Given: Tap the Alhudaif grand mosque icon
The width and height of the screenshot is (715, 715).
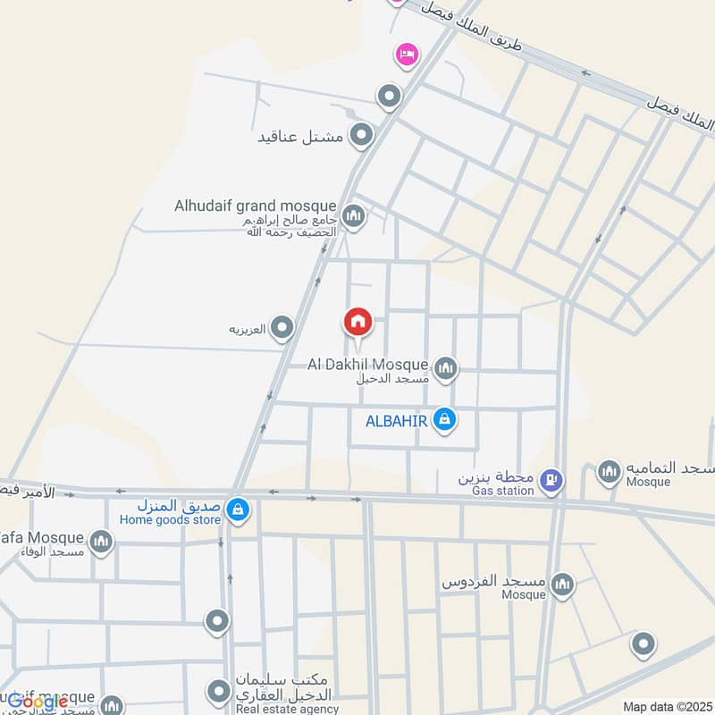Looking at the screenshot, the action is coord(354,216).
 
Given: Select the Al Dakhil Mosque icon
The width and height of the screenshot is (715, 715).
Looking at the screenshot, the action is coord(445,367).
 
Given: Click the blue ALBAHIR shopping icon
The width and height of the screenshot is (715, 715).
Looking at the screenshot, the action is coord(444,418).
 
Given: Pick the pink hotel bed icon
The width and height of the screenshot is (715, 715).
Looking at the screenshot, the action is coord(407,55).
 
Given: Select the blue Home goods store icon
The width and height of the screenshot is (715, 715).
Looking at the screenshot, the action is coord(237,509).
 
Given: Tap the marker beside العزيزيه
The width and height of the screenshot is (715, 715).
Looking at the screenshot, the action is coord(283,328).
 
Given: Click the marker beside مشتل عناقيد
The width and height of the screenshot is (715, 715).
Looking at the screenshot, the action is coord(361,136).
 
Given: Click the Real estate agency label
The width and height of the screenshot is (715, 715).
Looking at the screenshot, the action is coord(288,710).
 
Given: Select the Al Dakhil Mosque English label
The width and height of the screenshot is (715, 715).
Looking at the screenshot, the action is coord(367,364).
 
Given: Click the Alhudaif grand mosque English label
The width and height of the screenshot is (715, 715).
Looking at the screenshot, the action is coord(255,206).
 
